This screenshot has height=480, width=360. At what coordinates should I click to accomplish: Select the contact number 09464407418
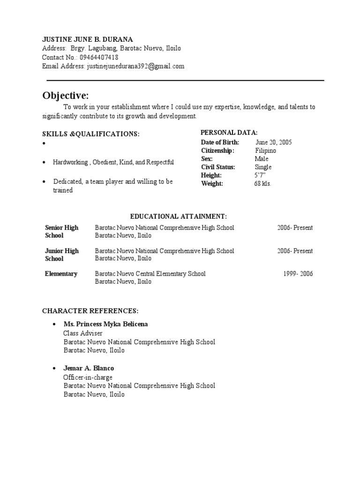[x=99, y=57]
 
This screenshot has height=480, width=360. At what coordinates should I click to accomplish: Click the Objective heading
[x=66, y=96]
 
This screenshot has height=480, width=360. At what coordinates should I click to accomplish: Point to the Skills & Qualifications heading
[x=91, y=134]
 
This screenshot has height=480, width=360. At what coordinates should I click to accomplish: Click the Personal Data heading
[x=229, y=133]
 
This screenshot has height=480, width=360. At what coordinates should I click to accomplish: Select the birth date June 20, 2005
[x=274, y=142]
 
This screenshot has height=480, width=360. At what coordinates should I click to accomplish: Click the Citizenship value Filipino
[x=265, y=150]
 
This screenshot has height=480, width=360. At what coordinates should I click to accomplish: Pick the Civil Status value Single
[x=263, y=167]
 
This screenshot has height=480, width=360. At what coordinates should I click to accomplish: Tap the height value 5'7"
[x=260, y=175]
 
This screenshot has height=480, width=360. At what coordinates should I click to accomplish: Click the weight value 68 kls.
[x=262, y=183]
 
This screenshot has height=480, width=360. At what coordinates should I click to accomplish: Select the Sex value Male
[x=262, y=159]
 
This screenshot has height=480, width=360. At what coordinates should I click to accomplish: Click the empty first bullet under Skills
[x=44, y=144]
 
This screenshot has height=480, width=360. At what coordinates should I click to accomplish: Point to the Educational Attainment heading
[x=178, y=216]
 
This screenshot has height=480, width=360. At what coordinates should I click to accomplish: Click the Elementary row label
[x=61, y=274]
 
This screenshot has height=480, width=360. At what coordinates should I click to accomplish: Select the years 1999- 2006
[x=298, y=274]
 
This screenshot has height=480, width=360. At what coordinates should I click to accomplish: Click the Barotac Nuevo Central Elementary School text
[x=150, y=274]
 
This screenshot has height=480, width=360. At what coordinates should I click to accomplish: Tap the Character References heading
[x=90, y=311]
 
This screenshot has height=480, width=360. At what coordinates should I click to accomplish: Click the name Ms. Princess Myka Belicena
[x=106, y=324]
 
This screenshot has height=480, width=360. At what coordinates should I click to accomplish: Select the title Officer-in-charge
[x=88, y=377]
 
